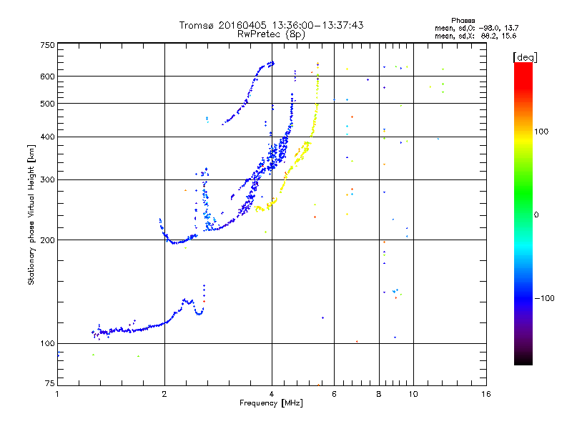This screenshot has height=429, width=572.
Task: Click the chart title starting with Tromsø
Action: point(271,25)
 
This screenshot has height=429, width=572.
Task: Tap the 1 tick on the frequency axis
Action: point(57,394)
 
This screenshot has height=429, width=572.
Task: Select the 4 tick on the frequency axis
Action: point(272,394)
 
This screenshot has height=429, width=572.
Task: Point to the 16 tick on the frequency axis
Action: point(486,394)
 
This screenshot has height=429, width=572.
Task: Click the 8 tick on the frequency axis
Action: point(379,394)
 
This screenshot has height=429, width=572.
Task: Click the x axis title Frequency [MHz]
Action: point(271,403)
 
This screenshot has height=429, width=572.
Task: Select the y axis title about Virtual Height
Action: point(31,214)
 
